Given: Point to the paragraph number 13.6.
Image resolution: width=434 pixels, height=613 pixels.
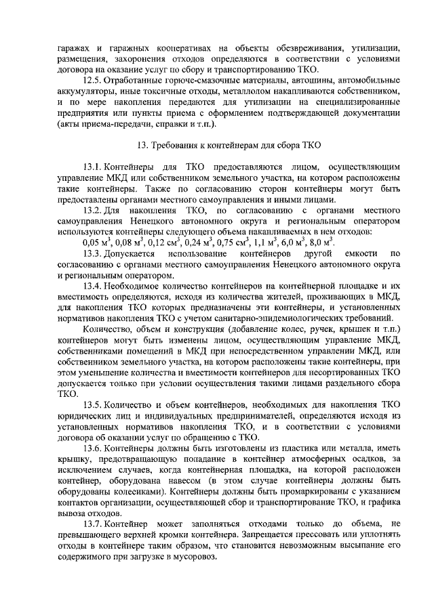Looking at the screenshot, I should tap(92, 449).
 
